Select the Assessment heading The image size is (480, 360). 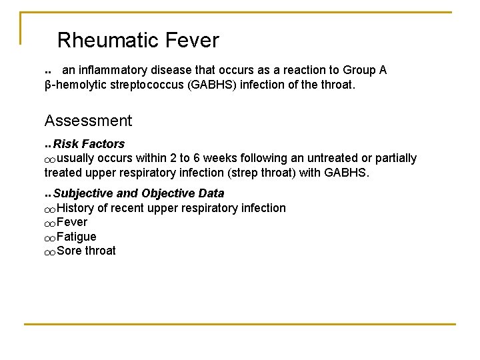coord(88,121)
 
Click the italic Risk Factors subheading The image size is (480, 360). coord(89,144)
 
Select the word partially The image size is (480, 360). coord(393,159)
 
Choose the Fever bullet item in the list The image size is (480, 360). coord(72,222)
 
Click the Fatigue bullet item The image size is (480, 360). coord(77,237)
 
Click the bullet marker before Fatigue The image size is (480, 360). coord(50,238)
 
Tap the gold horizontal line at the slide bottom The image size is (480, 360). coord(240,324)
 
